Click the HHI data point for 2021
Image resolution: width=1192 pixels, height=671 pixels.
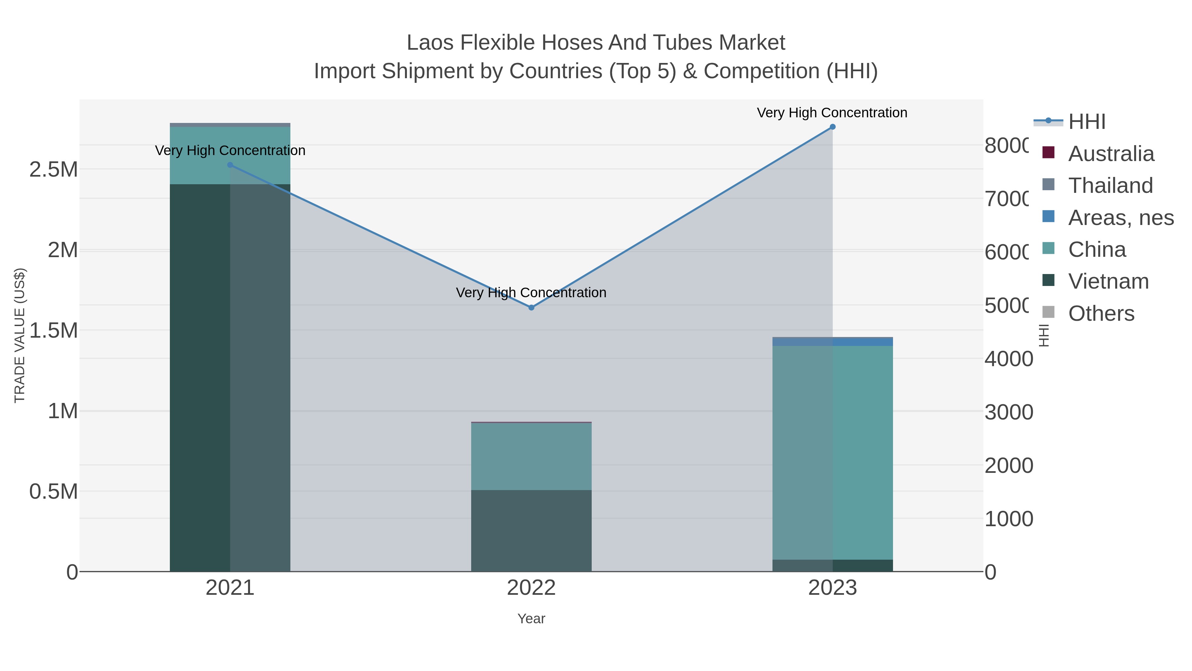230,165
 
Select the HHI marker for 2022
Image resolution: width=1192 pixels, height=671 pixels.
531,308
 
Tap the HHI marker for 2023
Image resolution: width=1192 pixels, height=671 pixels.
832,127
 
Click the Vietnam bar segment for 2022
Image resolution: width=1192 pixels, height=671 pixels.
531,530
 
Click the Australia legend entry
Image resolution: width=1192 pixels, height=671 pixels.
1111,154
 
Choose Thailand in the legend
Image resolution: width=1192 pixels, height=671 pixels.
1110,186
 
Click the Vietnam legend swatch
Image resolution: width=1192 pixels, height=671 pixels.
1049,281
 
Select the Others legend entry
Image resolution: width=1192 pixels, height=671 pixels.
1101,313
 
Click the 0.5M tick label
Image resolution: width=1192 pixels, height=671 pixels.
54,492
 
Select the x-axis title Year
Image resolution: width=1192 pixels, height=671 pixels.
531,619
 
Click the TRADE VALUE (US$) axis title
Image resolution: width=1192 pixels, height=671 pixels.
20,335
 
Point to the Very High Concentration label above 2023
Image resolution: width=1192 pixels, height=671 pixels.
832,113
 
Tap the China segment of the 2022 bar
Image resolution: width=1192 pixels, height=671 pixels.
531,456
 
